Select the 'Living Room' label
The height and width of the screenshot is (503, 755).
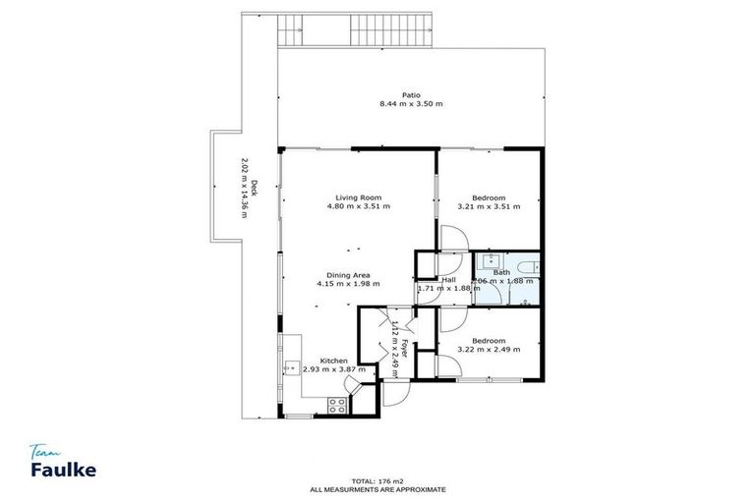[x=358, y=197]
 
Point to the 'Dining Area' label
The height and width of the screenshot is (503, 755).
[x=348, y=275]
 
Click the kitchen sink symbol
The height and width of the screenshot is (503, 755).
[x=291, y=368]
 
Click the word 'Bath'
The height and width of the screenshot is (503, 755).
[x=501, y=272]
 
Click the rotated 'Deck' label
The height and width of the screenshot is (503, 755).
[x=254, y=188]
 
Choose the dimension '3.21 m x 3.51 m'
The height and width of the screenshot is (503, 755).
[x=489, y=207]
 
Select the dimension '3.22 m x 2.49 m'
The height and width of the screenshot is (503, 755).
[x=489, y=350]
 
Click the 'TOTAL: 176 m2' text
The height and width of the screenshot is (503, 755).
[x=377, y=479]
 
